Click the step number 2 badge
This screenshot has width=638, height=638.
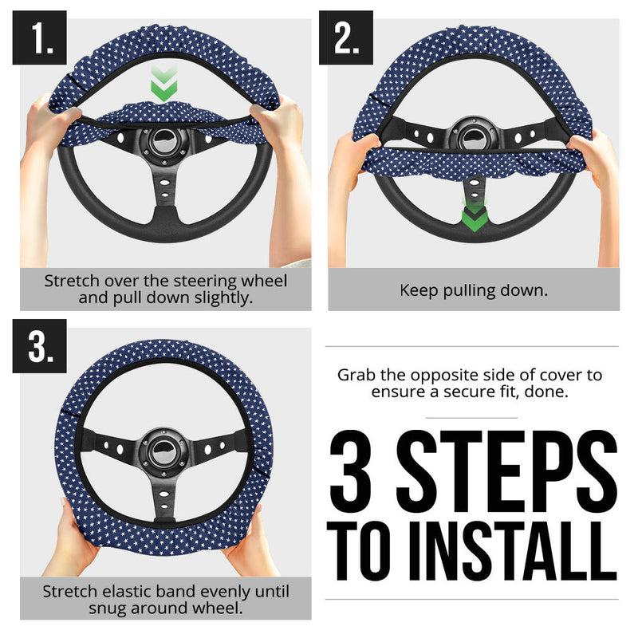[345, 37]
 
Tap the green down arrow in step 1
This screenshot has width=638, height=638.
[163, 86]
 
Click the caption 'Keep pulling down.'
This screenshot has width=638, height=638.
[473, 290]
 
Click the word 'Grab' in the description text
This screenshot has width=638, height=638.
[356, 374]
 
